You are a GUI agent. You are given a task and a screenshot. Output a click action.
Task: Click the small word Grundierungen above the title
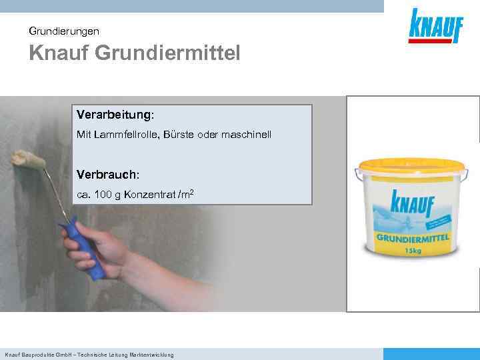64,31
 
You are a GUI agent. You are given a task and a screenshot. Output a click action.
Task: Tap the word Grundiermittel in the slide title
167,53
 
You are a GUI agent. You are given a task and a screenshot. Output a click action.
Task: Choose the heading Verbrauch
107,174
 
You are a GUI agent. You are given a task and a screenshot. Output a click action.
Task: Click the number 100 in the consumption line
104,195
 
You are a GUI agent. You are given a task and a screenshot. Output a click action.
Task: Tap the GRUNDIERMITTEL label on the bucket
413,238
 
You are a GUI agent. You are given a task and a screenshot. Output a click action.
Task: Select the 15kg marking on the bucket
413,251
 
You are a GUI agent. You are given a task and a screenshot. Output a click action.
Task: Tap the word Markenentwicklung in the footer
151,355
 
